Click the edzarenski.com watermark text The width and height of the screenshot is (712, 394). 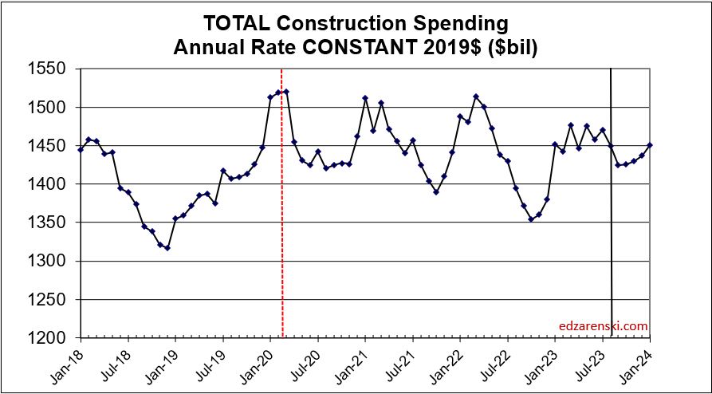point(604,326)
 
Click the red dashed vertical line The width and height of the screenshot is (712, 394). point(283,239)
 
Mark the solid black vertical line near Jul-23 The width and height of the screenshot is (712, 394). point(612,239)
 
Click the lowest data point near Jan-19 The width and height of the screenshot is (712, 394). point(167,248)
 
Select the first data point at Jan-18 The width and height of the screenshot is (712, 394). point(81,149)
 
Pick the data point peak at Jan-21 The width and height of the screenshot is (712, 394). point(365,98)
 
